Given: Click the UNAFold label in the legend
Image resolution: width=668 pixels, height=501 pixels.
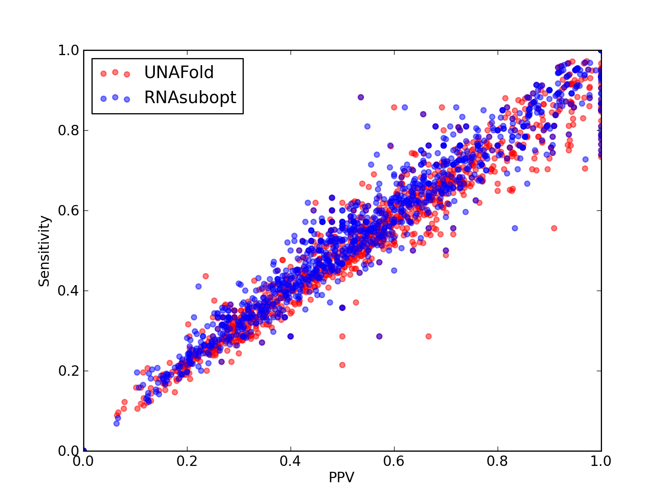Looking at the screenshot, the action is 179,72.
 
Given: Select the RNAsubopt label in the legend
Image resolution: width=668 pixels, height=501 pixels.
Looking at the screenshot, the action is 190,98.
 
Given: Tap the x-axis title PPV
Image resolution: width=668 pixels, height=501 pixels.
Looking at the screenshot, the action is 342,477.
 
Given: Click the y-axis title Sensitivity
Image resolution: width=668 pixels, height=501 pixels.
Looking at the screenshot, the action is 44,251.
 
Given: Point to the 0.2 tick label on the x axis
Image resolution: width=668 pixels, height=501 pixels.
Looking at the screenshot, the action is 187,461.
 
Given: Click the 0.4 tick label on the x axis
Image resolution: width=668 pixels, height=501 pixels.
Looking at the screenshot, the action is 290,461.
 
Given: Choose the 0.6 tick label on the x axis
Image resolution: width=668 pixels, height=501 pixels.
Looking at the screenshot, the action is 394,461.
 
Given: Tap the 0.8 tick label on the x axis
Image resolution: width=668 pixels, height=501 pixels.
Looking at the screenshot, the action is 497,461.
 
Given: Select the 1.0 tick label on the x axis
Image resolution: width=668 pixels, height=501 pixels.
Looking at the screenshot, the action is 601,461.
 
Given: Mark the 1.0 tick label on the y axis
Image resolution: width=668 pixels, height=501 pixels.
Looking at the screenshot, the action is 68,50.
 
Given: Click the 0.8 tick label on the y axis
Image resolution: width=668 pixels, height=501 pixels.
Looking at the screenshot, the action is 68,131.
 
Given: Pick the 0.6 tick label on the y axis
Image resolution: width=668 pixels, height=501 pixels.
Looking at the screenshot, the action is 68,210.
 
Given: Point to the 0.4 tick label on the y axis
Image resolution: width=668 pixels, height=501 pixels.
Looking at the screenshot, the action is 68,291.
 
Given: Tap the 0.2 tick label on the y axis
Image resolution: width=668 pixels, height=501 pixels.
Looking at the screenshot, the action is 68,371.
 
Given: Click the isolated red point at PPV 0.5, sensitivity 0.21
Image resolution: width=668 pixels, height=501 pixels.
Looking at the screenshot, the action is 342,365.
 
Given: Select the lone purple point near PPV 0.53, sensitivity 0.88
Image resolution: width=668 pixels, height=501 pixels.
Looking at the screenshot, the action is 361,97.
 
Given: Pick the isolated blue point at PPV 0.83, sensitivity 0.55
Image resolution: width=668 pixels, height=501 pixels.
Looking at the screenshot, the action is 515,228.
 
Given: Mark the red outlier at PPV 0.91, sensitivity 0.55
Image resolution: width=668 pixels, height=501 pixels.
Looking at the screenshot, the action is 554,228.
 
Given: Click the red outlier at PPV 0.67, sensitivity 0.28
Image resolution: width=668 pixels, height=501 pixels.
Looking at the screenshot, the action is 429,337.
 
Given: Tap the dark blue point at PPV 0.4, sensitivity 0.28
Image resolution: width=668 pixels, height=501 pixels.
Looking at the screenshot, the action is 291,337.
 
